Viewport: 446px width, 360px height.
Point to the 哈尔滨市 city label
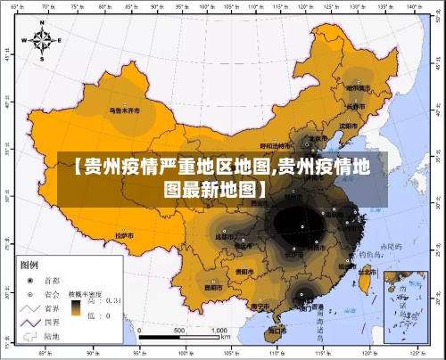pyautogui.click(x=358, y=87)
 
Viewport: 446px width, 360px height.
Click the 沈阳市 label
pyautogui.click(x=349, y=126)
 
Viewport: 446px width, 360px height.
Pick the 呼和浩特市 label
pyautogui.click(x=277, y=145)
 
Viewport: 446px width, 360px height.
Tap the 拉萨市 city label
pyautogui.click(x=125, y=235)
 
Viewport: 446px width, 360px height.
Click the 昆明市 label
pyautogui.click(x=214, y=288)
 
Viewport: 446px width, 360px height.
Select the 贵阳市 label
pyautogui.click(x=244, y=271)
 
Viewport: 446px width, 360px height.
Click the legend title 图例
pyautogui.click(x=29, y=264)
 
